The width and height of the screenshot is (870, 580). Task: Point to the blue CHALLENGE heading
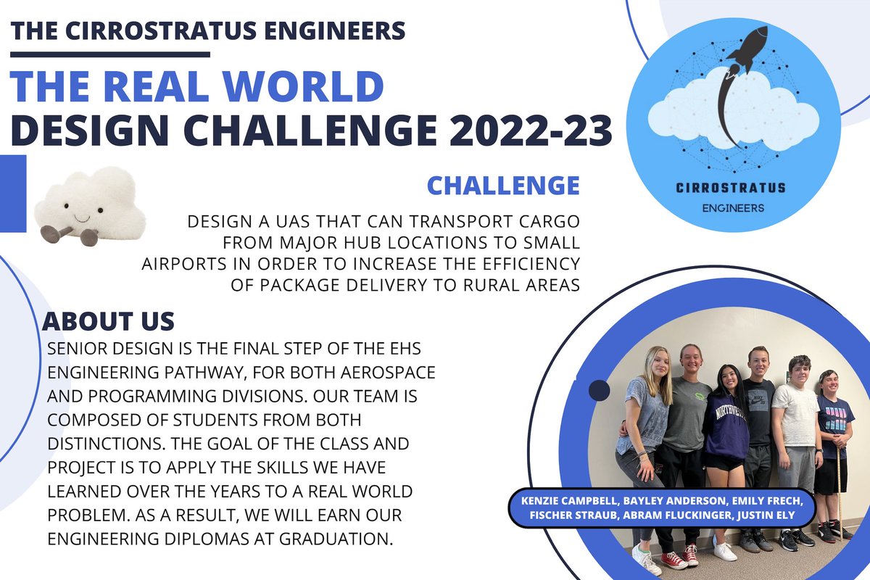click(x=503, y=185)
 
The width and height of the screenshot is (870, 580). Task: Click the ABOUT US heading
click(x=108, y=320)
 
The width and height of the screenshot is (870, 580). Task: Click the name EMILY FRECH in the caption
click(x=776, y=502)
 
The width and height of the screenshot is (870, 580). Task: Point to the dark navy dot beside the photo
click(x=599, y=391)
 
